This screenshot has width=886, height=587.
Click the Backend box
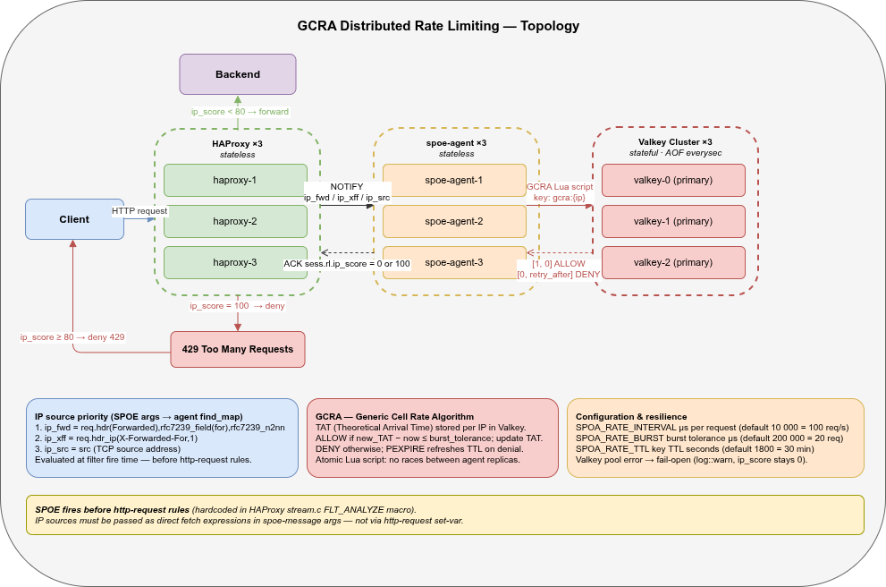pyautogui.click(x=237, y=74)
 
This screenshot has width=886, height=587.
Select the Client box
pyautogui.click(x=74, y=219)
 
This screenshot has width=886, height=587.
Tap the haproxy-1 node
pyautogui.click(x=235, y=180)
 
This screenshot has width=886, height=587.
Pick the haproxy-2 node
pyautogui.click(x=235, y=221)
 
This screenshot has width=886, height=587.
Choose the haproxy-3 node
pyautogui.click(x=235, y=262)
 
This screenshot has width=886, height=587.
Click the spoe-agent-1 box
pyautogui.click(x=454, y=180)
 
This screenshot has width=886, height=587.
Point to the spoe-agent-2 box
pyautogui.click(x=454, y=221)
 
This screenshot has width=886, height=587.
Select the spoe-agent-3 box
pyautogui.click(x=454, y=262)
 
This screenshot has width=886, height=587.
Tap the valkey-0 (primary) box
pyautogui.click(x=673, y=180)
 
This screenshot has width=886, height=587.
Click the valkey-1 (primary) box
pyautogui.click(x=673, y=221)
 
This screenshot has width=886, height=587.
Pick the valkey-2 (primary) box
pyautogui.click(x=673, y=262)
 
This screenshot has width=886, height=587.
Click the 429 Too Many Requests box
pyautogui.click(x=237, y=349)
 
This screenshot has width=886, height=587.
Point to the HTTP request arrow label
pyautogui.click(x=139, y=210)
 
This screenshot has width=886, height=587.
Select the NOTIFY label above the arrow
pyautogui.click(x=346, y=186)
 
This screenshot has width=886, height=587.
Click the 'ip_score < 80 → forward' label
pyautogui.click(x=240, y=112)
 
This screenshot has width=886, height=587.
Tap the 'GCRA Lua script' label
pyautogui.click(x=560, y=186)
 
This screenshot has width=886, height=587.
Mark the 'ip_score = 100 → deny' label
pyautogui.click(x=237, y=306)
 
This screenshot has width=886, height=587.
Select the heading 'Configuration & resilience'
pyautogui.click(x=630, y=417)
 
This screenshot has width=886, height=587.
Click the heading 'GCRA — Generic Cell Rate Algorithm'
pyautogui.click(x=394, y=417)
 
